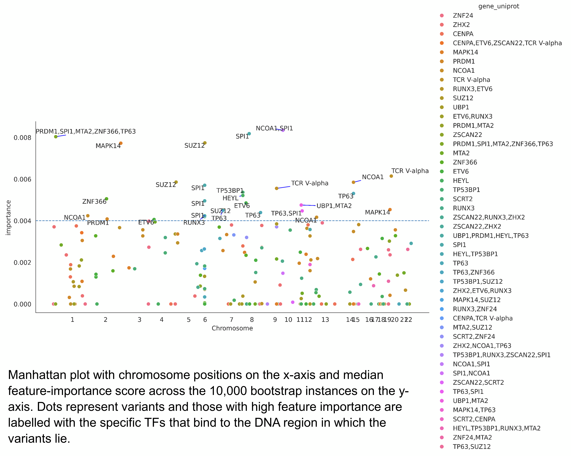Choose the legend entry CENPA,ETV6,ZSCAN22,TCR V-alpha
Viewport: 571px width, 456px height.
[507, 43]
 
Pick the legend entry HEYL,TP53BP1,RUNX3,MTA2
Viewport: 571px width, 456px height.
[496, 428]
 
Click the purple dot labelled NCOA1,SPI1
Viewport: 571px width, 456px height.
[283, 130]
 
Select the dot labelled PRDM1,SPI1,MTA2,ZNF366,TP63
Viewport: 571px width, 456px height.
[56, 137]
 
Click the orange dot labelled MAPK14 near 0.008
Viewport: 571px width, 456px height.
[121, 143]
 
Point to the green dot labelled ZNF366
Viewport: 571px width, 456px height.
[106, 199]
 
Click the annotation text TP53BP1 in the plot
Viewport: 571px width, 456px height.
[230, 191]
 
